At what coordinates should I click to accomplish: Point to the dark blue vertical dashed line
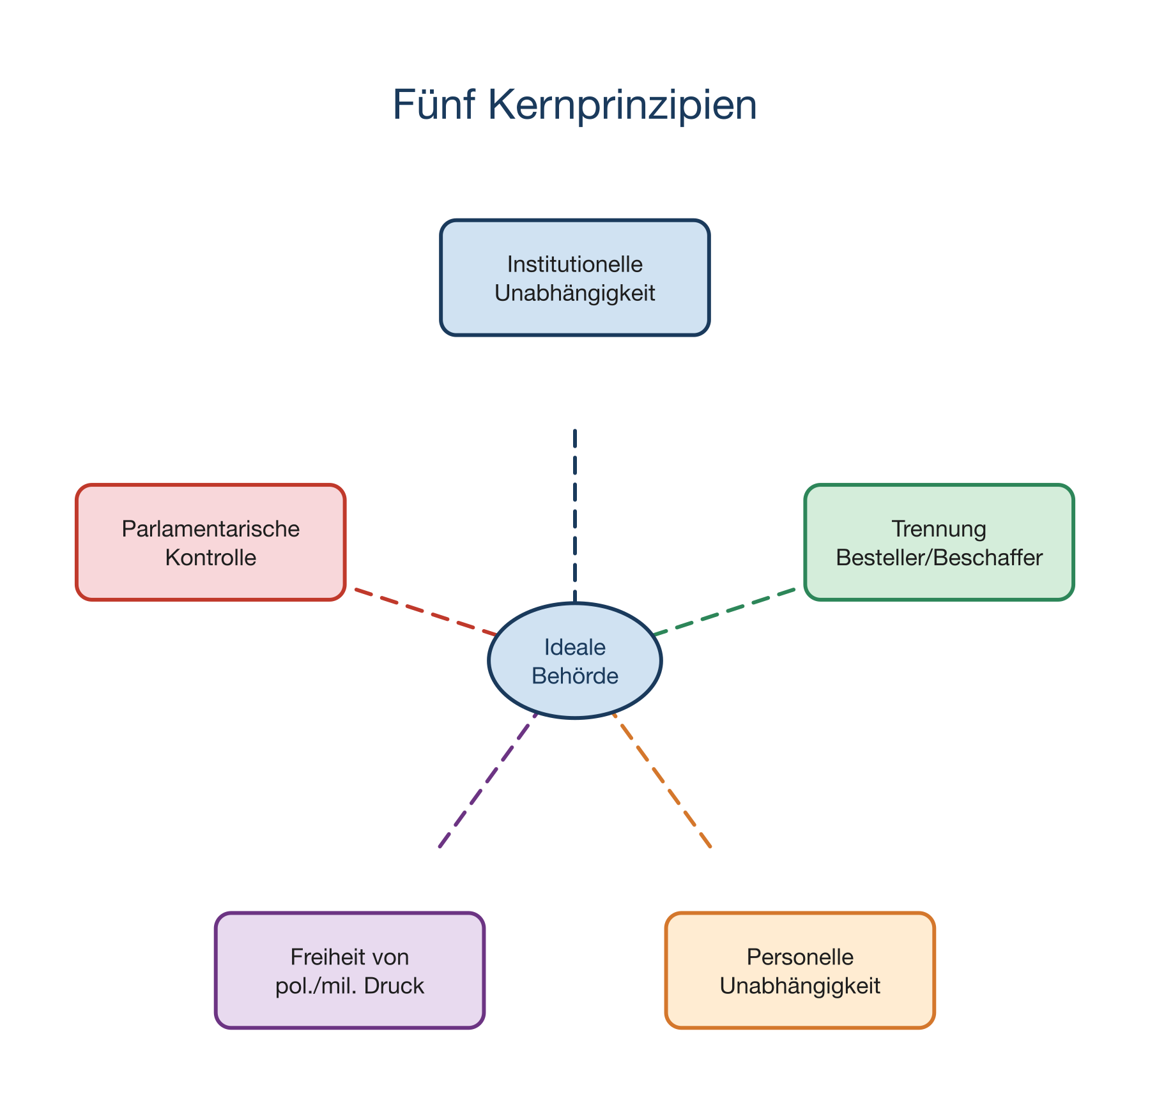point(575,511)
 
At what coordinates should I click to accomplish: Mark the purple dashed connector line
point(489,779)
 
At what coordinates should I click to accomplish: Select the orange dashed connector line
point(661,779)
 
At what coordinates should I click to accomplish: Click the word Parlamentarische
point(210,529)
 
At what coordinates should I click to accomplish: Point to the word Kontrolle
point(210,558)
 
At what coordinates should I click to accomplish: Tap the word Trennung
point(939,529)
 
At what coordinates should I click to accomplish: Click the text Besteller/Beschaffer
point(939,558)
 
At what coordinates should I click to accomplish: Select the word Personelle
point(799,957)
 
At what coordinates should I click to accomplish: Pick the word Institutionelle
point(574,264)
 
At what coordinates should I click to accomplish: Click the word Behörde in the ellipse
point(574,676)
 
